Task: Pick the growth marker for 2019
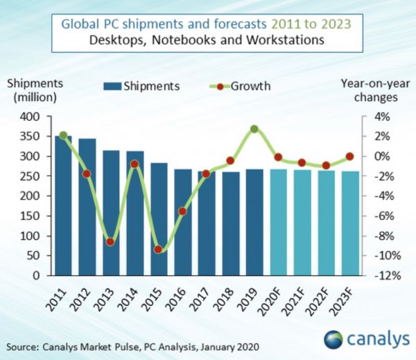pos(254,129)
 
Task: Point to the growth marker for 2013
pos(111,242)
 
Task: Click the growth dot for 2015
pos(159,250)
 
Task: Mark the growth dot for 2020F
pos(279,157)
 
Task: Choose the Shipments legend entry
pos(142,87)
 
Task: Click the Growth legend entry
pos(243,87)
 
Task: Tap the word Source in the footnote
pos(21,345)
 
